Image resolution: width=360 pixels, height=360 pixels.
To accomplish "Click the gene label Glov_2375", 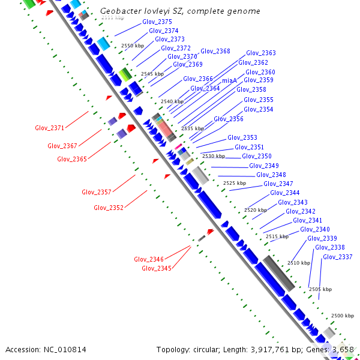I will (x=157, y=22).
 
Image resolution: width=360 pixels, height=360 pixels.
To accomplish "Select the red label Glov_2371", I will (x=49, y=128).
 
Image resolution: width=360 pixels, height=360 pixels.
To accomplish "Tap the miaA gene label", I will (x=229, y=80).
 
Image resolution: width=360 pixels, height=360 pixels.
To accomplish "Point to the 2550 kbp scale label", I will (x=133, y=46).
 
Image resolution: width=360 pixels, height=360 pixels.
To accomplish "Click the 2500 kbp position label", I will (x=343, y=316).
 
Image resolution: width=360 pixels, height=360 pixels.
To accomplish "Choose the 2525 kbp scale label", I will (x=235, y=183).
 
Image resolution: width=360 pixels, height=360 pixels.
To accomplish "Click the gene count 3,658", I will (x=343, y=349).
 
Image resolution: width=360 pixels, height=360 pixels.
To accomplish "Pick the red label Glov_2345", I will (x=156, y=268).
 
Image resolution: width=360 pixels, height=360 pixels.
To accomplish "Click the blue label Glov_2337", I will (x=337, y=257).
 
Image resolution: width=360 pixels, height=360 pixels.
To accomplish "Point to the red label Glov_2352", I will (x=109, y=208).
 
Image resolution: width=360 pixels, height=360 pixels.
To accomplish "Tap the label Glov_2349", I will (x=264, y=166).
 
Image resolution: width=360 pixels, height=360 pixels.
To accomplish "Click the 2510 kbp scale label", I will (x=299, y=263).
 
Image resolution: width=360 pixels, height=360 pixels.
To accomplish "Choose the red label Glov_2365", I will (x=72, y=159).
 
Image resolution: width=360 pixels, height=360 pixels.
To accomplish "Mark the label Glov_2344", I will (x=284, y=193).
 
